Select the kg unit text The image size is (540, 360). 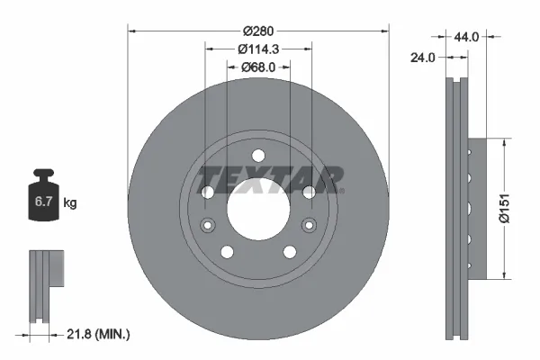click(70, 203)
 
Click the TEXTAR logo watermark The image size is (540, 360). click(270, 177)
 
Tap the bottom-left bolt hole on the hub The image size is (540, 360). click(227, 252)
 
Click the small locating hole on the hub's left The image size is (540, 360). click(208, 224)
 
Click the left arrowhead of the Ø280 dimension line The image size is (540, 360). click(132, 30)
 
